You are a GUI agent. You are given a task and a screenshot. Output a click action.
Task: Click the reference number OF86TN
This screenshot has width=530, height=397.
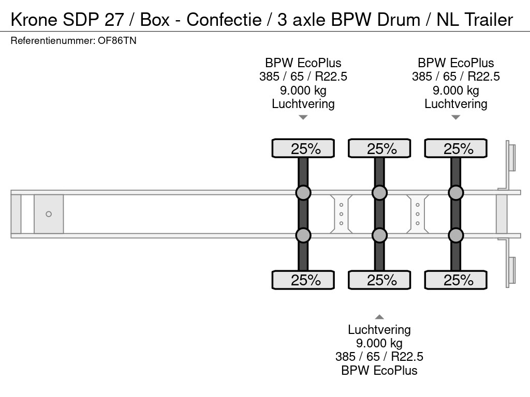click(117, 41)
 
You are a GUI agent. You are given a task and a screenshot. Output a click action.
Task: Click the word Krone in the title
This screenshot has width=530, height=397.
click(32, 20)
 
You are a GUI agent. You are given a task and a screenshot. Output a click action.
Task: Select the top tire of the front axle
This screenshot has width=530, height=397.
click(303, 148)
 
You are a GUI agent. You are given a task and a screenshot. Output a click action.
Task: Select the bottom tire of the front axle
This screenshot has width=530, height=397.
click(303, 280)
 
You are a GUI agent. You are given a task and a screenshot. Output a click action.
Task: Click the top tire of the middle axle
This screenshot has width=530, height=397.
click(379, 148)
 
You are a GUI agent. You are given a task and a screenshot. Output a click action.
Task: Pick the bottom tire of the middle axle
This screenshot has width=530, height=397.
click(379, 280)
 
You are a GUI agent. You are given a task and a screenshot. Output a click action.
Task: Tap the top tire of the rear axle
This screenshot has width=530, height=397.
click(456, 148)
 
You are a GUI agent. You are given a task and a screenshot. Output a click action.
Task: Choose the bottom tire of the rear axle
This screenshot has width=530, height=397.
click(456, 280)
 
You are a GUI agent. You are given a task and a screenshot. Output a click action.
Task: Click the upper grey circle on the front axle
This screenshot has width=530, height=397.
click(303, 193)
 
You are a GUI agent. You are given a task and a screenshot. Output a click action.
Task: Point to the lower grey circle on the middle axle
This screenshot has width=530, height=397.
click(379, 236)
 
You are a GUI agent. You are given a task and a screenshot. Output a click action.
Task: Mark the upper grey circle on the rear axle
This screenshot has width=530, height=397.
click(456, 193)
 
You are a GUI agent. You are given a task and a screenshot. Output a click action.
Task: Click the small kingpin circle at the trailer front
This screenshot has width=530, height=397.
click(49, 214)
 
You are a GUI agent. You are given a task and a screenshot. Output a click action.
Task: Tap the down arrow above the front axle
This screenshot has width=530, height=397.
click(303, 117)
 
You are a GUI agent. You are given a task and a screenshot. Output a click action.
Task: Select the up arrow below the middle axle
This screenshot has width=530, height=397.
click(379, 317)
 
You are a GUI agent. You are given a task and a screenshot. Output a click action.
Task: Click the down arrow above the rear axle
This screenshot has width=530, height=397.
click(456, 117)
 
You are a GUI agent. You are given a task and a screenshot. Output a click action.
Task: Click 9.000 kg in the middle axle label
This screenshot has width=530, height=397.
click(379, 343)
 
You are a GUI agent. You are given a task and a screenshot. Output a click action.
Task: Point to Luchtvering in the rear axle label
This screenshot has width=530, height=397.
click(456, 104)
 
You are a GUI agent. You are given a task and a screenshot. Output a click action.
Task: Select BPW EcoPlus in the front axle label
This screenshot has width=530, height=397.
click(303, 63)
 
